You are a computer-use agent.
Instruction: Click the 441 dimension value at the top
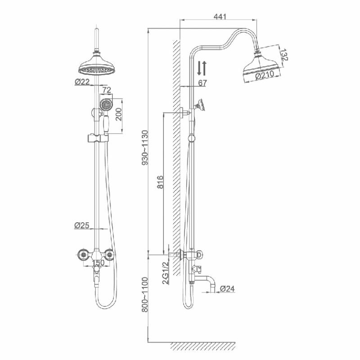pos(219,17)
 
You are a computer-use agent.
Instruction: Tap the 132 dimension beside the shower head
pos(283,55)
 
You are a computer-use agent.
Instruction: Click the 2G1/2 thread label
pos(165,274)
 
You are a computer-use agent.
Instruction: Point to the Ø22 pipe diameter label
pos(82,81)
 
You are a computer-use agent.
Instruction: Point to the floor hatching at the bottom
pos(202,346)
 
